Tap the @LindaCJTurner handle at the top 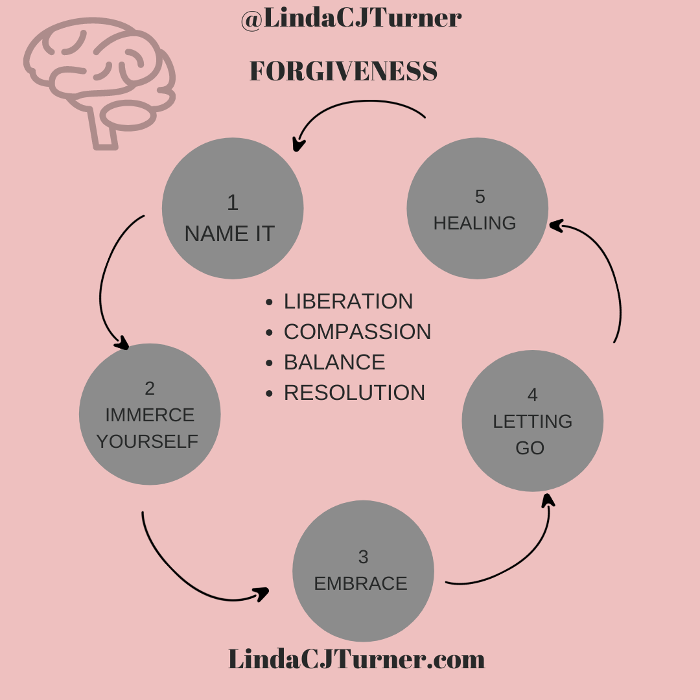point(351,18)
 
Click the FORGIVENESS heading point(344,71)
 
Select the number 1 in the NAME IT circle point(233,203)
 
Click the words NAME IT point(229,233)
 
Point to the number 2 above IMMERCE point(150,388)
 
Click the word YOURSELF point(147,441)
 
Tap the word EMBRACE point(360,583)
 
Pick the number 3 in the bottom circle point(363,557)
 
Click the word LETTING point(532,421)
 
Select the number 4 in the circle point(532,395)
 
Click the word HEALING point(474,223)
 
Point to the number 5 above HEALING point(480,196)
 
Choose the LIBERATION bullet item point(348,301)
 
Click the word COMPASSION point(357,332)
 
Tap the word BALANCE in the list point(334,362)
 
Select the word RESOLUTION point(355,393)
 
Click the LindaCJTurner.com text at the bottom point(356,659)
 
